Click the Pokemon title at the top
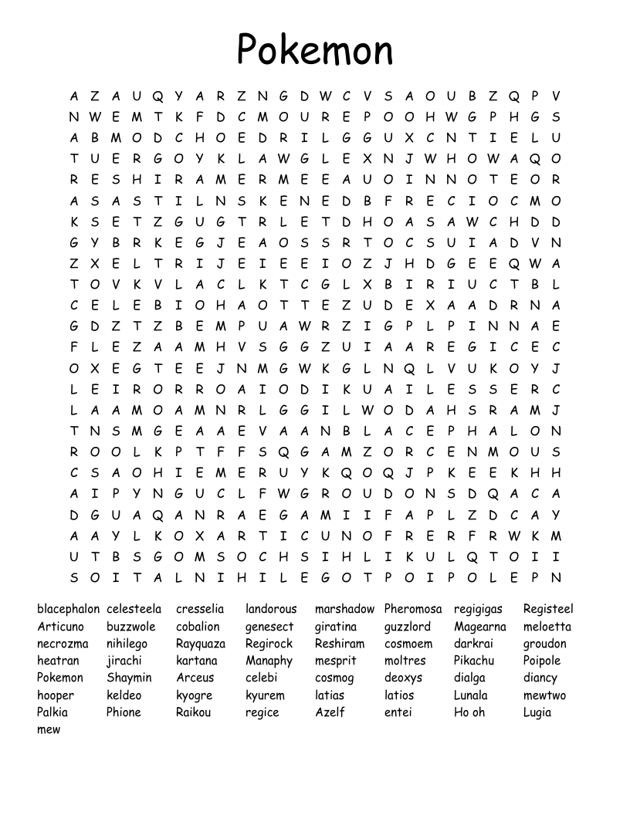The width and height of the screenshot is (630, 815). point(315,49)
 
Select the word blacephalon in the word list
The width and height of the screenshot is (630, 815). point(68,609)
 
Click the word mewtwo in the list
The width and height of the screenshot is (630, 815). point(544,695)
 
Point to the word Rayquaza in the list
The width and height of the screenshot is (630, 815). point(201,644)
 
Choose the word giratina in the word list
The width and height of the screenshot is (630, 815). point(336,627)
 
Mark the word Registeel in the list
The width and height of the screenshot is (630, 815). point(548,609)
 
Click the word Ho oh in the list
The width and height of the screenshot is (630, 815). point(469,712)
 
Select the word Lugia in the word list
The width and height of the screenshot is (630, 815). point(537,712)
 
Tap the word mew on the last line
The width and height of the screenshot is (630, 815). point(49,729)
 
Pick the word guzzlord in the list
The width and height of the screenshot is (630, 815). point(408,627)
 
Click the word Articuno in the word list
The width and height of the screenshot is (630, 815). point(61,626)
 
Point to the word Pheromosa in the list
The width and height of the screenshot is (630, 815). point(413,609)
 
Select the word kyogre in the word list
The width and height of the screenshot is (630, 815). point(194,695)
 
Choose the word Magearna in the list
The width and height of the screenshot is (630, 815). point(480,626)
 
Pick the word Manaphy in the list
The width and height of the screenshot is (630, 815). point(269,661)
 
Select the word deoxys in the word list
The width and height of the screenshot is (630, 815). point(404,678)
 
